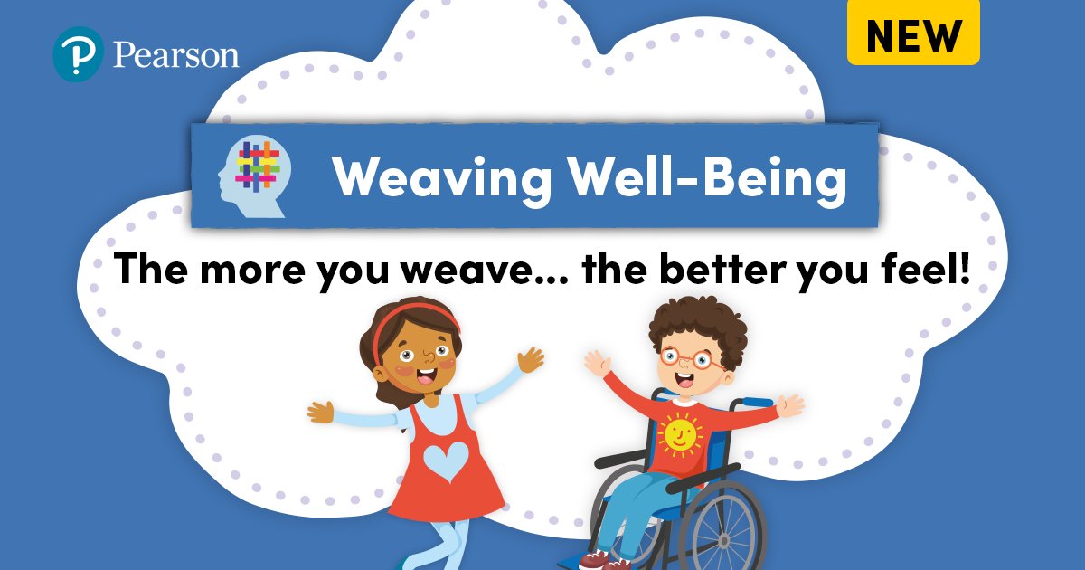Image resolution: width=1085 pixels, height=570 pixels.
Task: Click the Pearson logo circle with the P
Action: (79, 54)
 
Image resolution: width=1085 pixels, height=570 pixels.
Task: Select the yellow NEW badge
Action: (913, 35)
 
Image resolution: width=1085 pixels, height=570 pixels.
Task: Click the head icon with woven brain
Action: (254, 176)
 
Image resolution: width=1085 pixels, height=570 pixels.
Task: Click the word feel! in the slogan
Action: (921, 269)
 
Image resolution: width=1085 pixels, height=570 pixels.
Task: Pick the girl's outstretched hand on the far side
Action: (320, 413)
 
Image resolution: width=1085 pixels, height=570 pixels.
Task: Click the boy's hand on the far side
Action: (788, 404)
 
